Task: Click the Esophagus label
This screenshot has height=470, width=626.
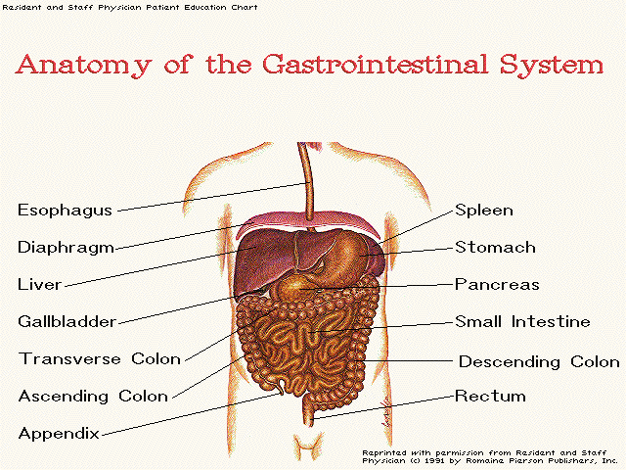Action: point(66,211)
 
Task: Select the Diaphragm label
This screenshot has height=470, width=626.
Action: point(67,248)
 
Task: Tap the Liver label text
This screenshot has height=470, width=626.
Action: point(39,284)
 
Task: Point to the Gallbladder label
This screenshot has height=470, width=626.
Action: point(67,321)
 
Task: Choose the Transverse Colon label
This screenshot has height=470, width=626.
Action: point(100,358)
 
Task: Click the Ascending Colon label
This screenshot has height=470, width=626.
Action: point(94,396)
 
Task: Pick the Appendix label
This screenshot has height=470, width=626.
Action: point(59,433)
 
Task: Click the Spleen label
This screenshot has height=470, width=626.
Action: point(484,211)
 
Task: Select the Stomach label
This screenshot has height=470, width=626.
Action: point(495,247)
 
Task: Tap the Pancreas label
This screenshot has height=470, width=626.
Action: point(497,284)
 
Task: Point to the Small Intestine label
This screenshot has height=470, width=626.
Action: point(522,321)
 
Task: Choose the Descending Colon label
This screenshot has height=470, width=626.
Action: point(539,361)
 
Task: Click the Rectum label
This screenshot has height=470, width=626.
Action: point(490,396)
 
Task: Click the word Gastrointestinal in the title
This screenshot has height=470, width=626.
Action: point(375,64)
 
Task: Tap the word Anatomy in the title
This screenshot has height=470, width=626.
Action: point(83,66)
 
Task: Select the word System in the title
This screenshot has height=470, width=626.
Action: point(552,66)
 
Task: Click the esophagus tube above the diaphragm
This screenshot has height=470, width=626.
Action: point(308,180)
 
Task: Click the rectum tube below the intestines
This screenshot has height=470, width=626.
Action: point(308,411)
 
